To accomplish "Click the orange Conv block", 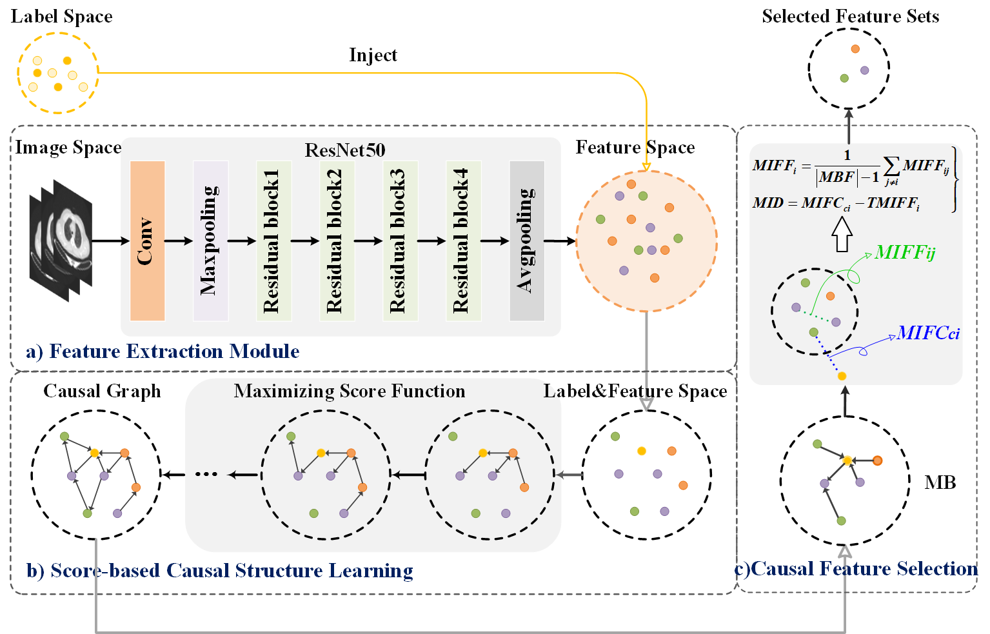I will point(147,241).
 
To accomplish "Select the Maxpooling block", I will point(210,241).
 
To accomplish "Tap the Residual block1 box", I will point(273,241).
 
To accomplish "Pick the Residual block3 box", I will point(400,241).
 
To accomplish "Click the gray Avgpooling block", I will point(527,241).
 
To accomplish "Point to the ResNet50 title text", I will point(344,150).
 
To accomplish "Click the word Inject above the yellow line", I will point(373,55).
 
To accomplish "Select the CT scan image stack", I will point(61,240).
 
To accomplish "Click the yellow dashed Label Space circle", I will point(58,73).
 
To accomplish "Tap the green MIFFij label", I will point(904,252).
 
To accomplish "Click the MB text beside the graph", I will point(940,482).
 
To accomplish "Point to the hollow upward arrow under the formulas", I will point(842,234).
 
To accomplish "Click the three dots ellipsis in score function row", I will point(206,475).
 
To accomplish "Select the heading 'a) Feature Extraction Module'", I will point(163,352).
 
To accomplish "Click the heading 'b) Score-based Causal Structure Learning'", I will point(219,571).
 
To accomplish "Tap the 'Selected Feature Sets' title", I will point(850,17).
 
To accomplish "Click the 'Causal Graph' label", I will point(102,391).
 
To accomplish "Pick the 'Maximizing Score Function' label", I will point(349,391).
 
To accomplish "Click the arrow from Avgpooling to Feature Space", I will point(559,241).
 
